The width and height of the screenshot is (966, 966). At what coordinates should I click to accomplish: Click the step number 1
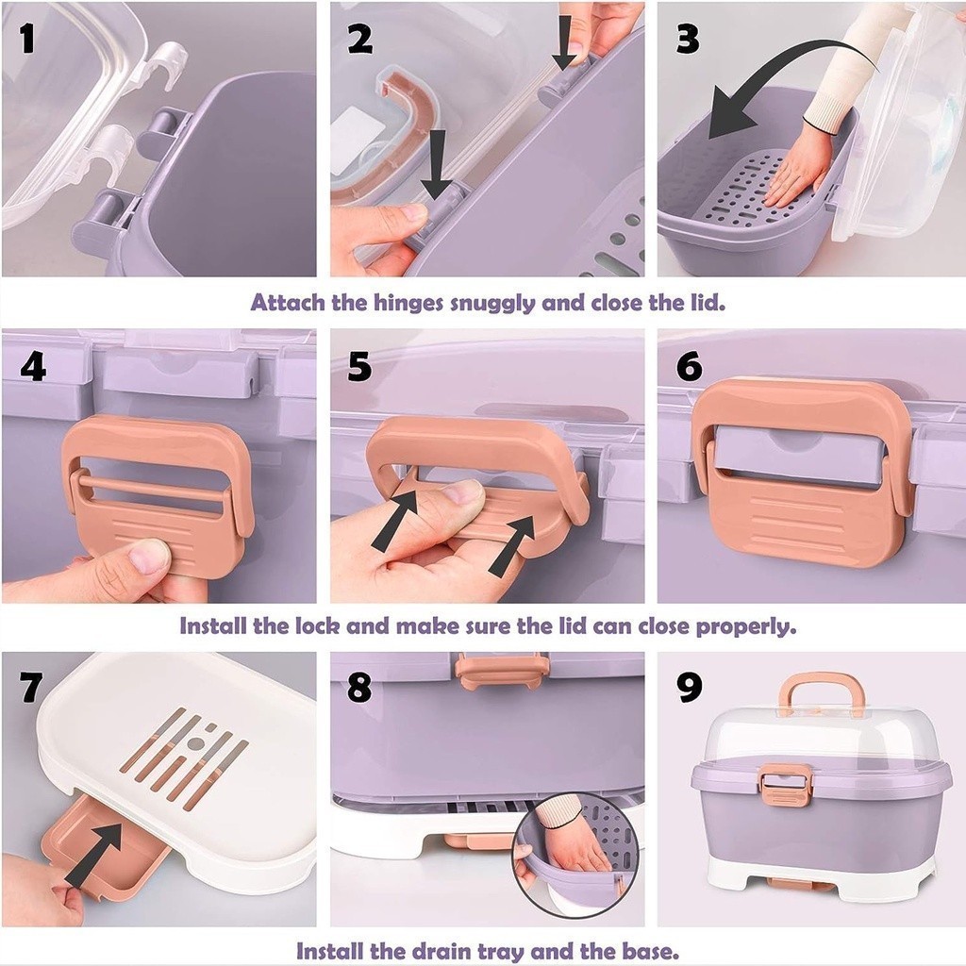coord(27,40)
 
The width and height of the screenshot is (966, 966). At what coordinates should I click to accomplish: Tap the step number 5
coord(359,367)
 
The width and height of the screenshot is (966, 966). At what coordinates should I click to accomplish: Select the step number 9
coord(689,687)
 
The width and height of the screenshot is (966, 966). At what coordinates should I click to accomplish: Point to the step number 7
coord(31,687)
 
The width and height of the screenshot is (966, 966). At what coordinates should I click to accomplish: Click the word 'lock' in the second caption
coord(318,626)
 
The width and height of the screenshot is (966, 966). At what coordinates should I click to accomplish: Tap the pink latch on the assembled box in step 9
coord(786,786)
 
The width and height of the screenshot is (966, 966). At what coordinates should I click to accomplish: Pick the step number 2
coord(359,40)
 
